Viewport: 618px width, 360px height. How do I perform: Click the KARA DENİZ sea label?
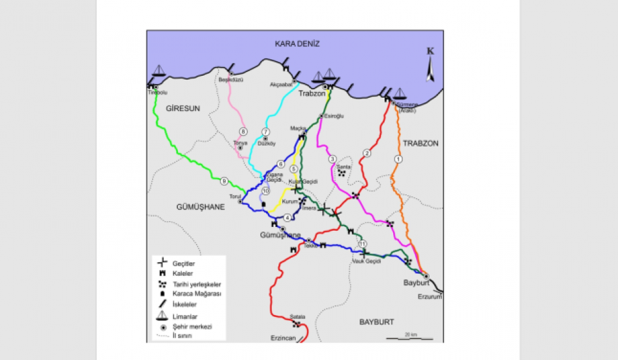[x=297, y=43]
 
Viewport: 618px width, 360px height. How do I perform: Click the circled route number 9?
[x=224, y=181]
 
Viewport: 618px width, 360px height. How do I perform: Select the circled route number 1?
[x=398, y=159]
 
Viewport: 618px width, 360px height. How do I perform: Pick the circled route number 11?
[x=362, y=243]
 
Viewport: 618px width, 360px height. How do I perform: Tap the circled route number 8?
[x=243, y=132]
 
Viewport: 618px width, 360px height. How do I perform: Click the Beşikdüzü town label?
[x=231, y=80]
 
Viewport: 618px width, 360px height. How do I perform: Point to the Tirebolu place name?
[x=158, y=93]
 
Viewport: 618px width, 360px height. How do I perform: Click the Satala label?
[x=297, y=316]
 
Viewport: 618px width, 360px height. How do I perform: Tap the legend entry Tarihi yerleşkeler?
[x=196, y=284]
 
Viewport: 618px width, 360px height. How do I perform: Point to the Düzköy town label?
[x=267, y=143]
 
